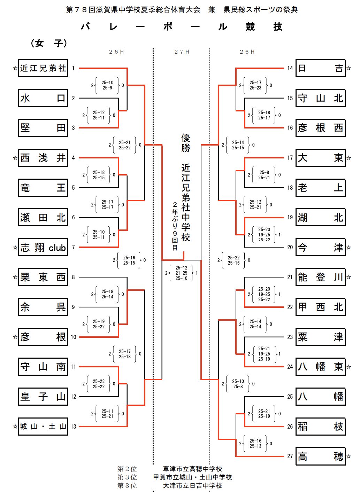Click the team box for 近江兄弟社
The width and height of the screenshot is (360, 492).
coord(43,68)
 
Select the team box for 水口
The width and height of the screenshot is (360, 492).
coord(43,98)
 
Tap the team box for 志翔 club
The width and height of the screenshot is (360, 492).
coord(43,248)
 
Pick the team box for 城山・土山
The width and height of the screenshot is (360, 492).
coord(43,427)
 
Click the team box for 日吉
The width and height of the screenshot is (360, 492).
coord(320,68)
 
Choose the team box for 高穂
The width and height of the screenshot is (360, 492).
coord(320,456)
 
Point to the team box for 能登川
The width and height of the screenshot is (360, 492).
coord(320,277)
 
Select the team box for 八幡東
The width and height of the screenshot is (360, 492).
coord(320,367)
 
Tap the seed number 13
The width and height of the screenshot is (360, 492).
coord(73,427)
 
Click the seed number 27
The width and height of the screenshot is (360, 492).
coord(290,456)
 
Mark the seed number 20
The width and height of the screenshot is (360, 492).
coord(290,248)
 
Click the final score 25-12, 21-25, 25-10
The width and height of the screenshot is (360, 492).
coord(181,273)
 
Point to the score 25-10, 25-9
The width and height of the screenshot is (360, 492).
coord(107,85)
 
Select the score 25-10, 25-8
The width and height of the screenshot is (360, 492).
coord(238,384)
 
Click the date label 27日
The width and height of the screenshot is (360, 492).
coord(182,52)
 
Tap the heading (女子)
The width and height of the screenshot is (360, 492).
coord(49,43)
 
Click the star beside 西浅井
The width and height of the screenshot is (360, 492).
coord(15,158)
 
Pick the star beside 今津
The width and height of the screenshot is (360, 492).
coord(349,248)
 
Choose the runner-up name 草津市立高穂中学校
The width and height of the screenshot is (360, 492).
coord(192,469)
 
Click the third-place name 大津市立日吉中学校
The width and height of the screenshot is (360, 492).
coord(192,485)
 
